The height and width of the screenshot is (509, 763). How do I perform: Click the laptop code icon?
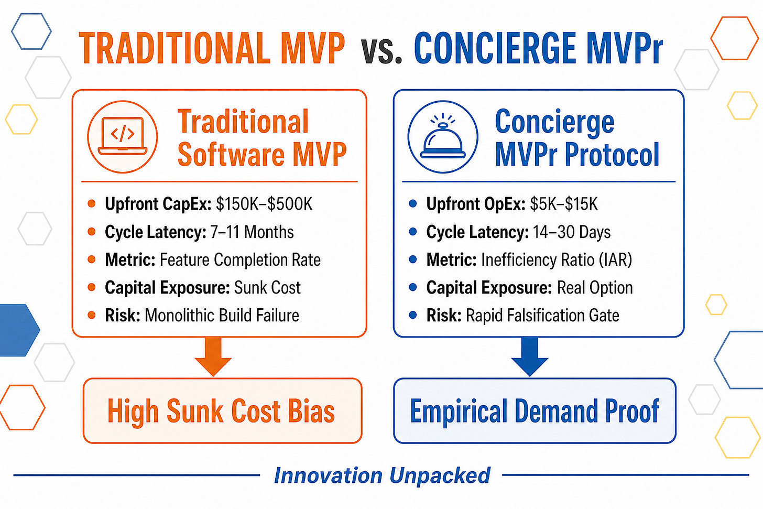[122, 137]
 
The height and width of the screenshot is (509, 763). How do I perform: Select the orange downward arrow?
[213, 356]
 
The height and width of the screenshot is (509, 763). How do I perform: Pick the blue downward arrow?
[530, 356]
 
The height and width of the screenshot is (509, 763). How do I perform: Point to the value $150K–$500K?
[264, 204]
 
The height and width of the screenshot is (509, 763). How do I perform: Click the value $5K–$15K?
[564, 204]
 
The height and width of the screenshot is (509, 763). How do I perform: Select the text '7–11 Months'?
[252, 232]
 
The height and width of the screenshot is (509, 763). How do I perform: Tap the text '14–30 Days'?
[572, 232]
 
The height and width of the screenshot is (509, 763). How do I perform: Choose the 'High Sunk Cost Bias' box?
[222, 410]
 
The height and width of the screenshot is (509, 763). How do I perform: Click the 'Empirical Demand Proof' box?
[535, 410]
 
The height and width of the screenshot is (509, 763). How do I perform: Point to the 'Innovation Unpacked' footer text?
[382, 475]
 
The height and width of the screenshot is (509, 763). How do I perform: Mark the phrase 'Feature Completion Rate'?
[240, 260]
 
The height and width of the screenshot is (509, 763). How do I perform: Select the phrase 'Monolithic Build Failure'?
[222, 315]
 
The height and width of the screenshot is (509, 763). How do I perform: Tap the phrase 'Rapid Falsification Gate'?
[542, 315]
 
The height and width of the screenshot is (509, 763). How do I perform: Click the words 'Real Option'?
[595, 288]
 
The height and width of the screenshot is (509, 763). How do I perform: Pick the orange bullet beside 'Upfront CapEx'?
[91, 204]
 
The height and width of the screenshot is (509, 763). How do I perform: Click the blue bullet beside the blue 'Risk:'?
[413, 315]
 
